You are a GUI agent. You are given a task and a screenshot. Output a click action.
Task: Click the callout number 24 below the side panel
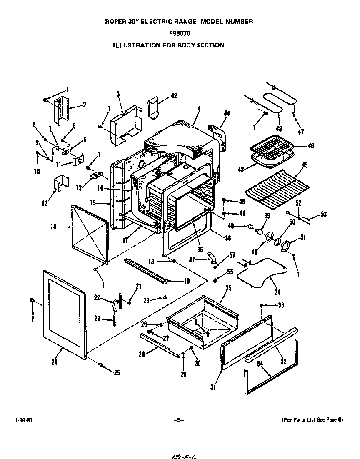(54, 362)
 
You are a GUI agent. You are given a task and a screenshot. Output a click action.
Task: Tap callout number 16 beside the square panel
(53, 227)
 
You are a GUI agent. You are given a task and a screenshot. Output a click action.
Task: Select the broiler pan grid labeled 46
(273, 148)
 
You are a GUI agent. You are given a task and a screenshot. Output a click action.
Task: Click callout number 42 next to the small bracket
(174, 96)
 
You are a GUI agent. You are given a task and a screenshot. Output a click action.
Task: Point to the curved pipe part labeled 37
(213, 258)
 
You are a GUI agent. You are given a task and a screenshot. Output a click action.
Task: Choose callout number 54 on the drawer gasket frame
(260, 364)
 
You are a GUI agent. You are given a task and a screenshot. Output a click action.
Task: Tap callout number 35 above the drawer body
(228, 288)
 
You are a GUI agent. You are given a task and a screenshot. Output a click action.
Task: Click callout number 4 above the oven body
(199, 109)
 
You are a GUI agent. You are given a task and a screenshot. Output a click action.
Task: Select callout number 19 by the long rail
(186, 281)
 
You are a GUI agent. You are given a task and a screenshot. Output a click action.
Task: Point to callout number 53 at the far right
(323, 215)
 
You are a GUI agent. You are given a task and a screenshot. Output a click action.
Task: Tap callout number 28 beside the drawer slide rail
(142, 354)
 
